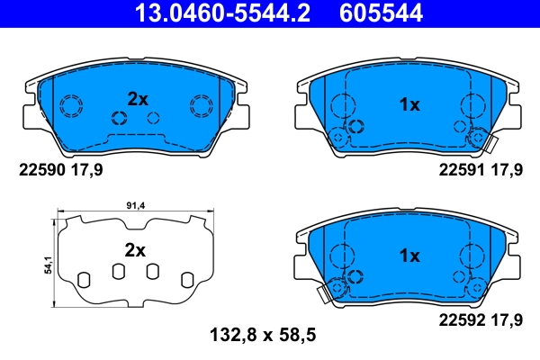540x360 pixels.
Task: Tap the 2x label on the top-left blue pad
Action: tap(137, 100)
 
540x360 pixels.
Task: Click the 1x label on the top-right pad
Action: tap(409, 105)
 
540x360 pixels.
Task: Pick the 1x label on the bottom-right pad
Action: tap(409, 256)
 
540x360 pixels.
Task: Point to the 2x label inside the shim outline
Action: tap(134, 251)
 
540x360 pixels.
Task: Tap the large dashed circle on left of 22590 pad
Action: tap(70, 106)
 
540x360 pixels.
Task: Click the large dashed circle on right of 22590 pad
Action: tap(200, 106)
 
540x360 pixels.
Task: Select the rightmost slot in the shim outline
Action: tap(187, 279)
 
